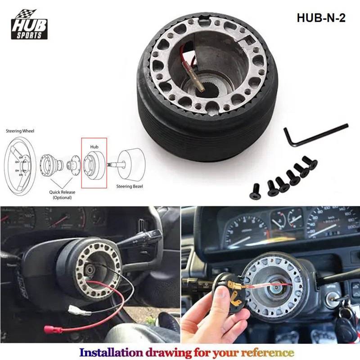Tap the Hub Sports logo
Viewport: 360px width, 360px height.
[x=30, y=25]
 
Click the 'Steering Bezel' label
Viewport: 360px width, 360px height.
[x=130, y=186]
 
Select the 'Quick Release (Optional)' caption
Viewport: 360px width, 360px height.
[x=62, y=194]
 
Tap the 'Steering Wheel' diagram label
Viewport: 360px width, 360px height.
[x=20, y=131]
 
